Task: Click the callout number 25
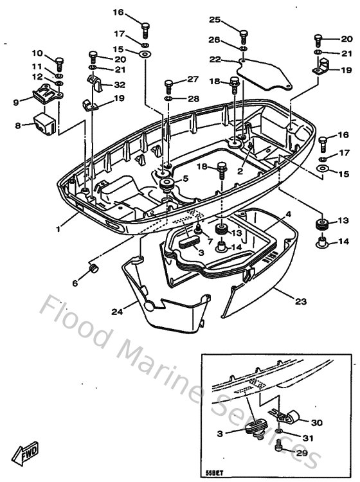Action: coord(215,19)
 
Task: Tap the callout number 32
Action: coord(120,84)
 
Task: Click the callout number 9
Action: coord(17,101)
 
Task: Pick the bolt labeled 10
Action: coord(60,63)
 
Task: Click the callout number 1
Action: coord(59,228)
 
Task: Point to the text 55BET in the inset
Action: coord(213,474)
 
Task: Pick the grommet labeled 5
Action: coord(166,184)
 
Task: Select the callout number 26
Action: coord(215,39)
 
